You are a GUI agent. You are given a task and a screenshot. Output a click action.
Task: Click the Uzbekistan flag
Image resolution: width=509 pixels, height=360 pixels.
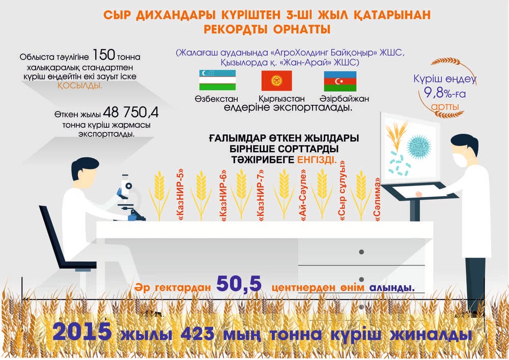click(x=217, y=80)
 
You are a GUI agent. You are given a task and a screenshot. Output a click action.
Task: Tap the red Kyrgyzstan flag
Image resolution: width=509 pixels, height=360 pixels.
click(x=276, y=81)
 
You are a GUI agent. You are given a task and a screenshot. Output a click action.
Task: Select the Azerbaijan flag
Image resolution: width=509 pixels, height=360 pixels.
click(x=340, y=81)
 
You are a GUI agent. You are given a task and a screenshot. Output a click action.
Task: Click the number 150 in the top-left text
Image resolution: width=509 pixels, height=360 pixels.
click(x=104, y=55)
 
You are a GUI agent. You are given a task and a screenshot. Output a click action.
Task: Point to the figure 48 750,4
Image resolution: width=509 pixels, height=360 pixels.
click(x=131, y=113)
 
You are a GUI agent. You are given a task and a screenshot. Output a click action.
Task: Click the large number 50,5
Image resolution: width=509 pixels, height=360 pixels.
click(x=239, y=284)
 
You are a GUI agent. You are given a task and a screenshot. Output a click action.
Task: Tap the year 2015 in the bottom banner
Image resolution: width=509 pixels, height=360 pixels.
click(x=82, y=332)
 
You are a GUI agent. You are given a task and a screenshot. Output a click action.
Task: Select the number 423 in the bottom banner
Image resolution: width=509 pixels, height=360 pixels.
click(x=197, y=334)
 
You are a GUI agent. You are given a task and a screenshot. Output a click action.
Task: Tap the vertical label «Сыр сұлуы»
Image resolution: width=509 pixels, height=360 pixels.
click(x=342, y=191)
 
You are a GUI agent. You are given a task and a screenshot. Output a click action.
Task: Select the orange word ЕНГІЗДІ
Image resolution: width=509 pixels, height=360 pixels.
click(x=317, y=160)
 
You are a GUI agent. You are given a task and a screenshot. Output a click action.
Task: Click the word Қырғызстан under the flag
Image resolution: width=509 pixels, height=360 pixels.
click(x=281, y=99)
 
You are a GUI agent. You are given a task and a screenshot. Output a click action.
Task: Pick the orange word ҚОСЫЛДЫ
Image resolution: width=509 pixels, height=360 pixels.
click(x=80, y=86)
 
